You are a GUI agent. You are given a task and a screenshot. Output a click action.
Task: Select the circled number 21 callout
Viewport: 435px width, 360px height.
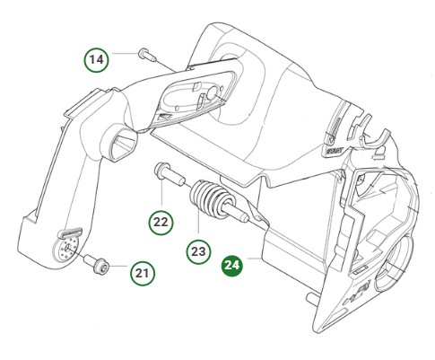coord(143,271)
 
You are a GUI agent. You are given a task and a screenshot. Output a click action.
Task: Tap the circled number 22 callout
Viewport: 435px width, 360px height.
coord(161,220)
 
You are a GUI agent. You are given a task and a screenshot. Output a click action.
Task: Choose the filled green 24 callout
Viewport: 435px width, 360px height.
coord(232,266)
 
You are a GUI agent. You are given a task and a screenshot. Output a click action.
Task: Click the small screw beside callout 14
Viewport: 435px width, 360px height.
coord(147,56)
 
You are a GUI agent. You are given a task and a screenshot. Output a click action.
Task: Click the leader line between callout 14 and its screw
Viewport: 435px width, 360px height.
coord(124,57)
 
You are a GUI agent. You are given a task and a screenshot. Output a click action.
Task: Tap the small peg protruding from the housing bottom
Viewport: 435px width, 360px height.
coord(309,296)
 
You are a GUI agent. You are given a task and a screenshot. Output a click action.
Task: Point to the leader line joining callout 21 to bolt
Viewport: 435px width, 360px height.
coord(116,268)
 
